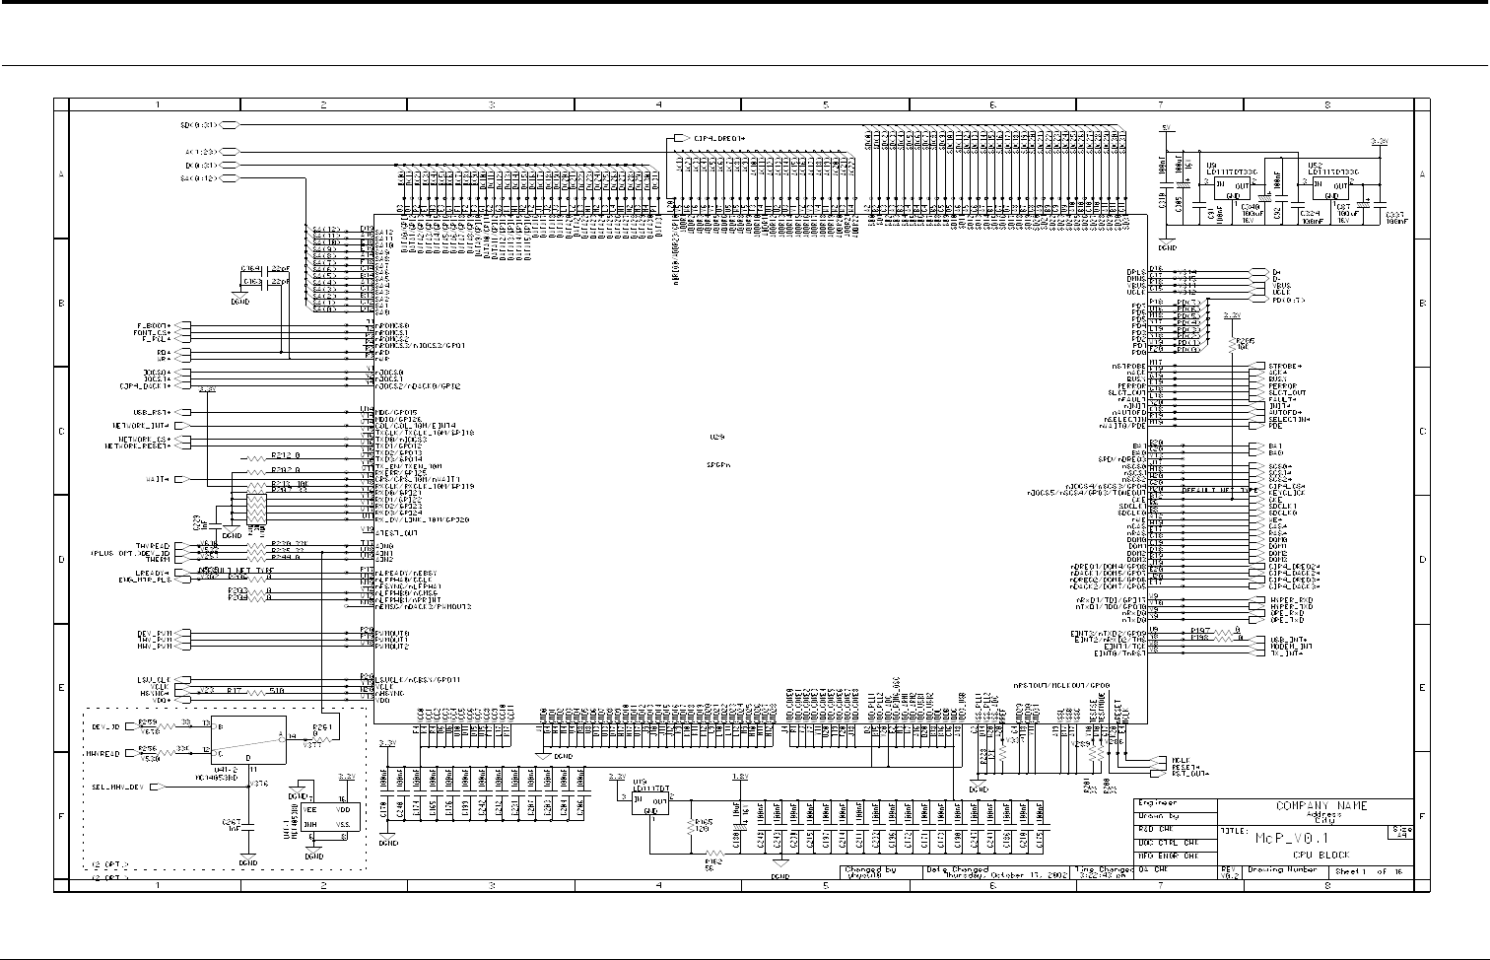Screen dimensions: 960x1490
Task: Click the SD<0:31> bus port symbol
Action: pos(229,125)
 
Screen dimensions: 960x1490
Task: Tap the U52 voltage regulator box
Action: pos(1330,182)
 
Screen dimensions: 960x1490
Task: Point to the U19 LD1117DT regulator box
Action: pos(649,800)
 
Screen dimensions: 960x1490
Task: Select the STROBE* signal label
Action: pos(1285,366)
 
